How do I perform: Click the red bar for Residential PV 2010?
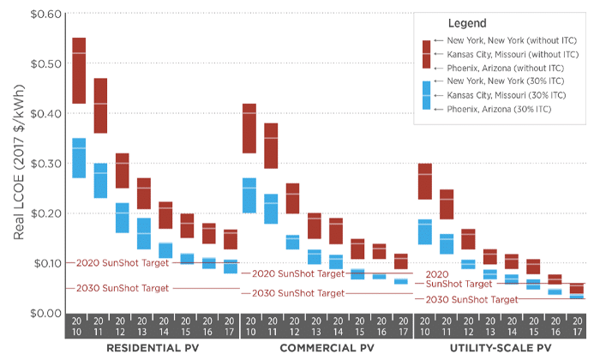(79, 70)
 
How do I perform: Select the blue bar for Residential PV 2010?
(79, 158)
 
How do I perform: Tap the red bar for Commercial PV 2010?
(249, 128)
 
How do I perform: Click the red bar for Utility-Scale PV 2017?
(577, 288)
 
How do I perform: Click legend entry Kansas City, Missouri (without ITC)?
(499, 54)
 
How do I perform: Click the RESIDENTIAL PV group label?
(153, 350)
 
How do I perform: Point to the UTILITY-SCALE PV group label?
(500, 350)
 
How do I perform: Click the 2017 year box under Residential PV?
(230, 327)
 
